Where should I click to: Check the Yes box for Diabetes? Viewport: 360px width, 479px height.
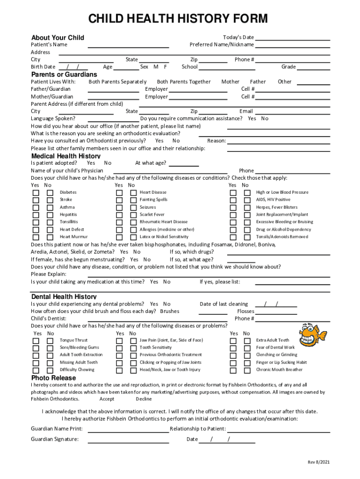[36, 193]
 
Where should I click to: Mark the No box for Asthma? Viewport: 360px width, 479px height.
[50, 208]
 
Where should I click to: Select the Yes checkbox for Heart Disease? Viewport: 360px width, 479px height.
[119, 193]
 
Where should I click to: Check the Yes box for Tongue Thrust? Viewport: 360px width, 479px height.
[36, 341]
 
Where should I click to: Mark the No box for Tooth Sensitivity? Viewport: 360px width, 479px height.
[133, 348]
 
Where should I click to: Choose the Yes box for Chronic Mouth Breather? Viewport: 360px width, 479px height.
[232, 370]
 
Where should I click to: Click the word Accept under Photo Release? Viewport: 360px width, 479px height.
[107, 399]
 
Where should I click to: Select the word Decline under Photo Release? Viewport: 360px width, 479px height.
[144, 399]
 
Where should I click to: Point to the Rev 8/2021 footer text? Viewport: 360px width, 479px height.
[318, 462]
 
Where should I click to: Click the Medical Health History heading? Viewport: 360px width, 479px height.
[65, 156]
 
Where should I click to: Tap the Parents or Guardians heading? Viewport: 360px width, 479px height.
[64, 74]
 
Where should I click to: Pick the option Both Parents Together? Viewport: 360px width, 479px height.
[183, 81]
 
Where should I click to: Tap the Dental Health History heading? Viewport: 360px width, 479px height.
[64, 297]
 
